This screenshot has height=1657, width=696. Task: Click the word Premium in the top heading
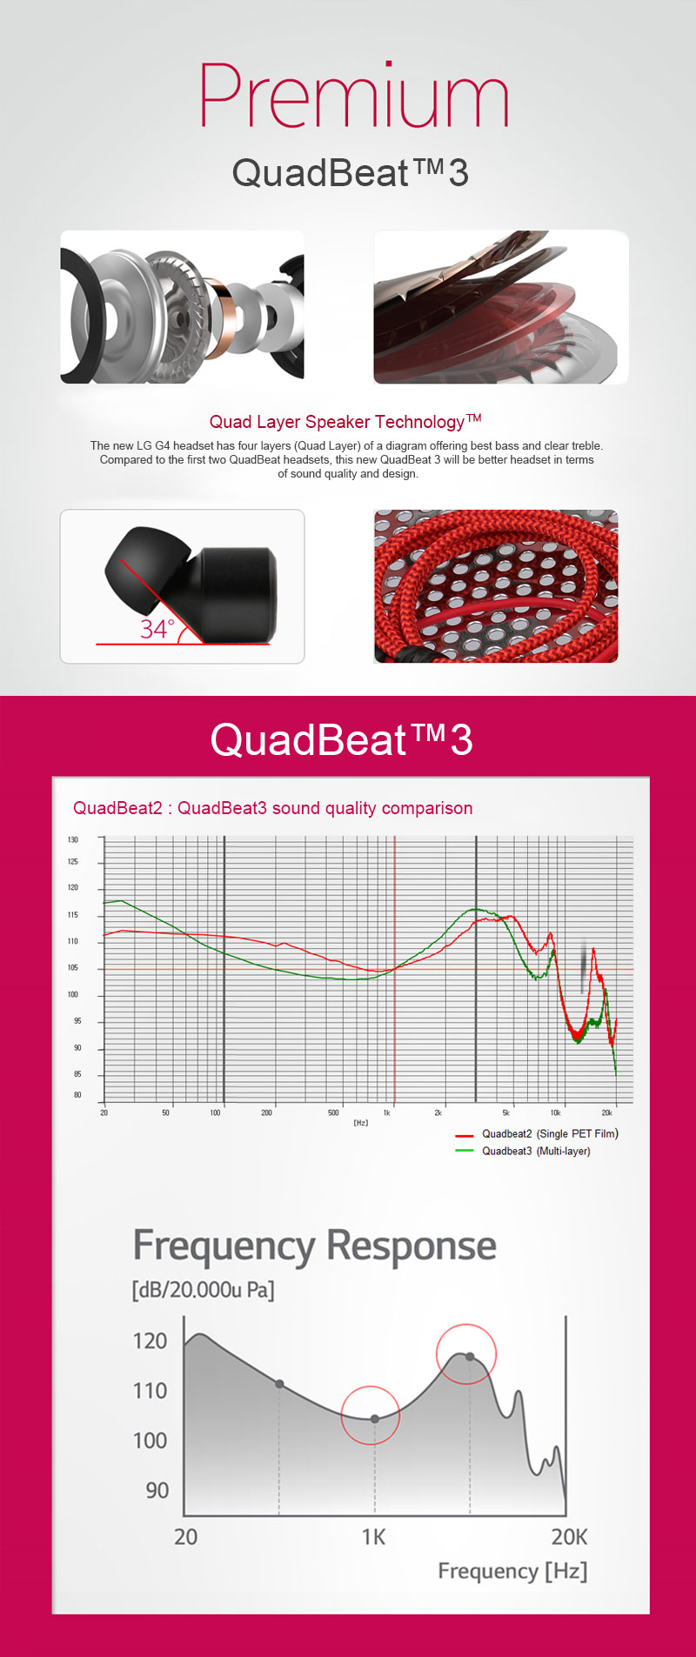pos(354,97)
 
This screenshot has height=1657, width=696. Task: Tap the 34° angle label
pos(157,628)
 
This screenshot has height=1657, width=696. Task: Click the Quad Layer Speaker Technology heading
pos(345,422)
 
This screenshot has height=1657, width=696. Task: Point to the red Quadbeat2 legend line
pos(465,1135)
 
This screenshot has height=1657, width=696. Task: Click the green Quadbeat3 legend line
pos(465,1151)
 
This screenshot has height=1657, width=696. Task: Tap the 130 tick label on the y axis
pos(73,839)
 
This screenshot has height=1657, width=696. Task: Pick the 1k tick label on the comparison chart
pos(387,1112)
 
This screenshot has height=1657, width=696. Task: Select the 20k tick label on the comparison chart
pos(607,1112)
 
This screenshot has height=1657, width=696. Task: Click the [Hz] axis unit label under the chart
pos(360,1123)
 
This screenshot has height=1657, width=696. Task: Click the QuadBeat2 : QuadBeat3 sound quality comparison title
pos(273,808)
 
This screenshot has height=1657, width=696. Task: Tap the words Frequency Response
pos(314,1246)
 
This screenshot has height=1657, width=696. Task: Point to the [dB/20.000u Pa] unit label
pos(203,1289)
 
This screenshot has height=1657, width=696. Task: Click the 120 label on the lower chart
pos(150,1340)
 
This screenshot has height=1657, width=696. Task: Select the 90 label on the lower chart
pos(157,1490)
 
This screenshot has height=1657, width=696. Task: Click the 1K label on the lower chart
pos(373,1537)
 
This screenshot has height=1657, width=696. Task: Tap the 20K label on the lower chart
pos(570,1537)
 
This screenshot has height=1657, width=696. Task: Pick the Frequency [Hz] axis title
pos(512,1571)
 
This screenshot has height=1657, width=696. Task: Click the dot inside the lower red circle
pos(375,1419)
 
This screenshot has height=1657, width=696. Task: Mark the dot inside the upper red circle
pos(470,1357)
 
